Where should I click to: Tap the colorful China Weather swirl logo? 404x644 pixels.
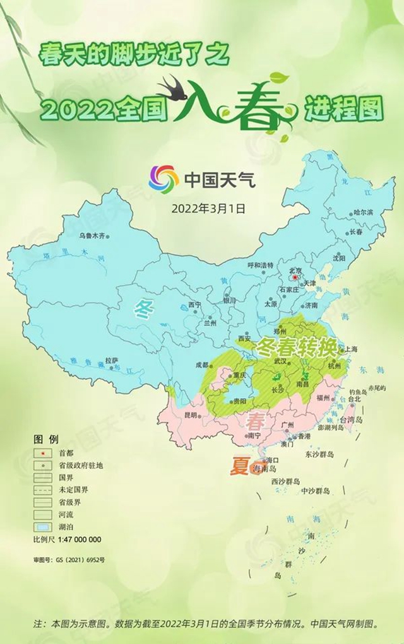coord(164,179)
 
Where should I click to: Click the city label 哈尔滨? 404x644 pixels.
coord(364,213)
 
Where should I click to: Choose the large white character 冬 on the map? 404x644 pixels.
coord(144,308)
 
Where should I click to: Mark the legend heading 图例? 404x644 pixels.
coord(45,439)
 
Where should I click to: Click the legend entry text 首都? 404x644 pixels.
coord(66,453)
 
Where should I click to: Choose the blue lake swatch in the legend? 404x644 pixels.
coord(42,527)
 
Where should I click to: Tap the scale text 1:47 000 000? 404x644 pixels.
coord(80,539)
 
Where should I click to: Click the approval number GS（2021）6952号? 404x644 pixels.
coord(69,559)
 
